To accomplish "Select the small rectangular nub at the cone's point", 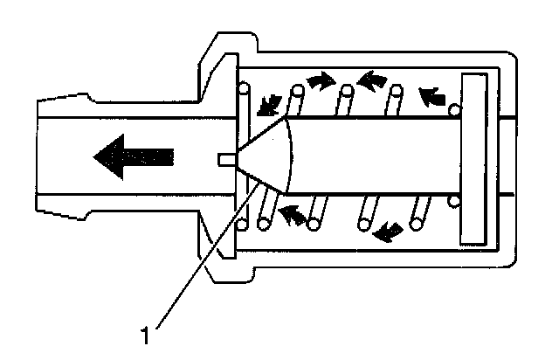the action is click(224, 158).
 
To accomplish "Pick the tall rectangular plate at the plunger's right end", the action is click(476, 158).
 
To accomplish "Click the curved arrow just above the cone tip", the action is click(266, 106).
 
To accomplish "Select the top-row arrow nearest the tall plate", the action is click(432, 93).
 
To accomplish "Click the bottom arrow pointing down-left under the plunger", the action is click(389, 232).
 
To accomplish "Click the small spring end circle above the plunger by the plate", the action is click(453, 111).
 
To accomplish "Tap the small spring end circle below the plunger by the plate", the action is click(453, 203).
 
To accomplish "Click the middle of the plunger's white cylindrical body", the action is click(376, 158).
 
